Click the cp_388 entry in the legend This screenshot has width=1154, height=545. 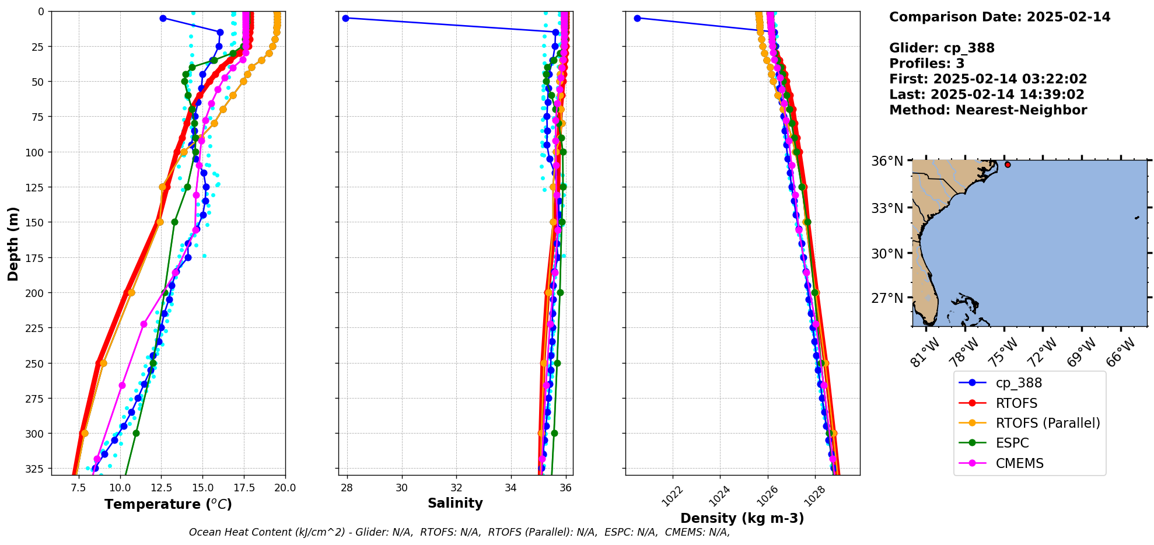point(1018,383)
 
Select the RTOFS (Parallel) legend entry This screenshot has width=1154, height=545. point(1047,423)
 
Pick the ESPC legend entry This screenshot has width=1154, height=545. point(1012,443)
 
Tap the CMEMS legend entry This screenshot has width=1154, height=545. point(1019,463)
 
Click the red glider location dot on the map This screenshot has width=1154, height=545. point(1008,165)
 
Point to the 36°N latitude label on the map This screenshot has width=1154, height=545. point(887,161)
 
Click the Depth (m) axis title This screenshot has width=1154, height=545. point(13,243)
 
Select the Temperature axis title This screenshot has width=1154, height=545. point(168,504)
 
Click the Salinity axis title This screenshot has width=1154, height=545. point(455,503)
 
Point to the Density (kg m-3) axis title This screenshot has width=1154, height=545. point(742,518)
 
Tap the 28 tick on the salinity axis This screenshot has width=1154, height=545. point(347,488)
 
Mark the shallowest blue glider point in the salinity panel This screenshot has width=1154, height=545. point(345,18)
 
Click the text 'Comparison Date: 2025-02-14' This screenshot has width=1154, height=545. point(999,17)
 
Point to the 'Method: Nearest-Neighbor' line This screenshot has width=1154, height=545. point(988,110)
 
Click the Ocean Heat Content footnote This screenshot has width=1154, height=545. point(459,532)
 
